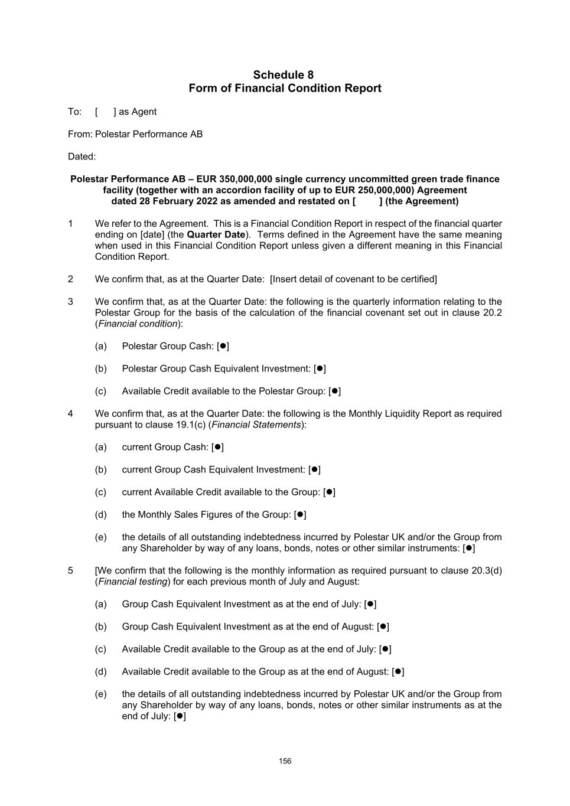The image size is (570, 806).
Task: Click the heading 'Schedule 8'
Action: tap(283, 75)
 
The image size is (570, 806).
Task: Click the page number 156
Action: tap(285, 761)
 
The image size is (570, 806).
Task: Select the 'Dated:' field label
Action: tap(82, 156)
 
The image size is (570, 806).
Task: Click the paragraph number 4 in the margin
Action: tap(70, 414)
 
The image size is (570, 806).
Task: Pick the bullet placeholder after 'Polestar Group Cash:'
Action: tap(223, 347)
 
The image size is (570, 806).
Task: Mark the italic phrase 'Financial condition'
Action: tap(138, 324)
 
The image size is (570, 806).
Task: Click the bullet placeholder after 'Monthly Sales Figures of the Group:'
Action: tap(300, 515)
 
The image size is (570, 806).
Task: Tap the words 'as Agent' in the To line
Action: tap(138, 112)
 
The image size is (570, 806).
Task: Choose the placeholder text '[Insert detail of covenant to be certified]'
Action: tap(353, 279)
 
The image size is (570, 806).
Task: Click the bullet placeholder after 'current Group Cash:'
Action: tap(217, 448)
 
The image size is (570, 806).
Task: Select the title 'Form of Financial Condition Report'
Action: tap(285, 89)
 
